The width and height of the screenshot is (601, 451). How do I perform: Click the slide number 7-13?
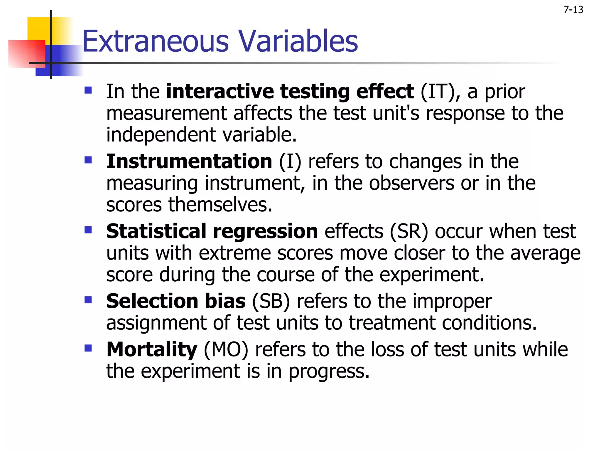coord(573,10)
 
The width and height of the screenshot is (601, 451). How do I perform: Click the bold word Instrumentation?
coord(189,161)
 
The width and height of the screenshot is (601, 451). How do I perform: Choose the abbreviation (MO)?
coord(226,349)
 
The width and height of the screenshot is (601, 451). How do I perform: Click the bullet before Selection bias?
coord(88,300)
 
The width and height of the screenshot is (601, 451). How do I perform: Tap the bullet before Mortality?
coord(88,348)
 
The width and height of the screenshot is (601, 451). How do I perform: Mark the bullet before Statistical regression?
coord(88,230)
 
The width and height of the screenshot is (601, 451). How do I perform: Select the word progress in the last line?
coord(329,372)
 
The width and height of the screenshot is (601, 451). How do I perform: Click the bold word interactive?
coord(220,92)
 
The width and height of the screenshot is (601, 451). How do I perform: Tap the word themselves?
coord(220,205)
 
